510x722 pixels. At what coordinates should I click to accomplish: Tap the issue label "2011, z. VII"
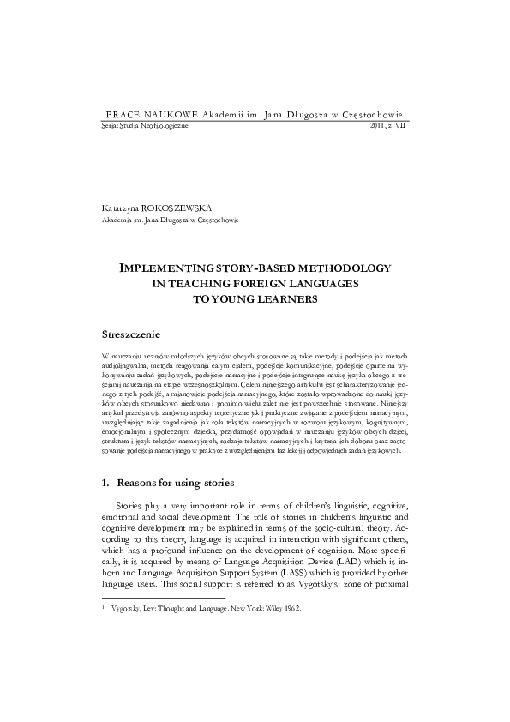(388, 126)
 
